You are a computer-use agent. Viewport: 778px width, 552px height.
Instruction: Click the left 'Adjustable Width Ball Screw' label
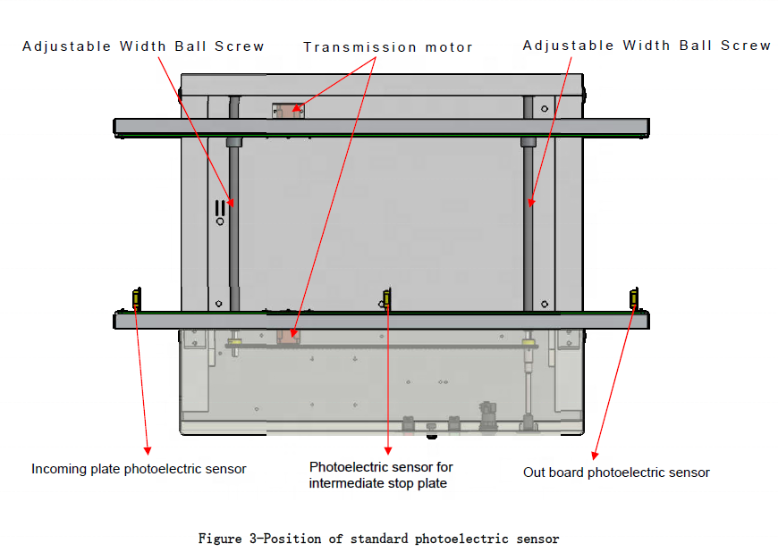[143, 46]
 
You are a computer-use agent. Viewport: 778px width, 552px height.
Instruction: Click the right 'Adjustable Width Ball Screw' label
[647, 46]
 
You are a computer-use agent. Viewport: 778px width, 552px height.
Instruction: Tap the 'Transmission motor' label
[388, 47]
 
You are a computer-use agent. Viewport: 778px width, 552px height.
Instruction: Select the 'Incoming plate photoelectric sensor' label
[139, 469]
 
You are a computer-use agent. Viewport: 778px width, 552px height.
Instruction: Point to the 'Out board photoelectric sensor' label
[616, 473]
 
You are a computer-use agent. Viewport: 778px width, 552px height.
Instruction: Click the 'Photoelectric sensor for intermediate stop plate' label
[381, 475]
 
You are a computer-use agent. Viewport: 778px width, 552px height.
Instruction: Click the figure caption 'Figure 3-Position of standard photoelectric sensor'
[378, 539]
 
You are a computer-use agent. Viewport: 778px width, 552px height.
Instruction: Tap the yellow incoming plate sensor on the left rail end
[136, 298]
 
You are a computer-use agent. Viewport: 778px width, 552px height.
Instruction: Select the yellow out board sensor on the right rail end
[634, 298]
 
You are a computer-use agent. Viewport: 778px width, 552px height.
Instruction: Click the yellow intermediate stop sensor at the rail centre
[386, 299]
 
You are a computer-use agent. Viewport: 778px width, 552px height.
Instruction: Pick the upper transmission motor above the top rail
[288, 110]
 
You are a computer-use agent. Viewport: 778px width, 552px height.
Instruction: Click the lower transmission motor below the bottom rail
[287, 334]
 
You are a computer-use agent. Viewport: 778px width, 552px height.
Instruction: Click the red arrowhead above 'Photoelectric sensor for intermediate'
[388, 449]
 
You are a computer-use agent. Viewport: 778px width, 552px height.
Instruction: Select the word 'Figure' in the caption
[218, 539]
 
